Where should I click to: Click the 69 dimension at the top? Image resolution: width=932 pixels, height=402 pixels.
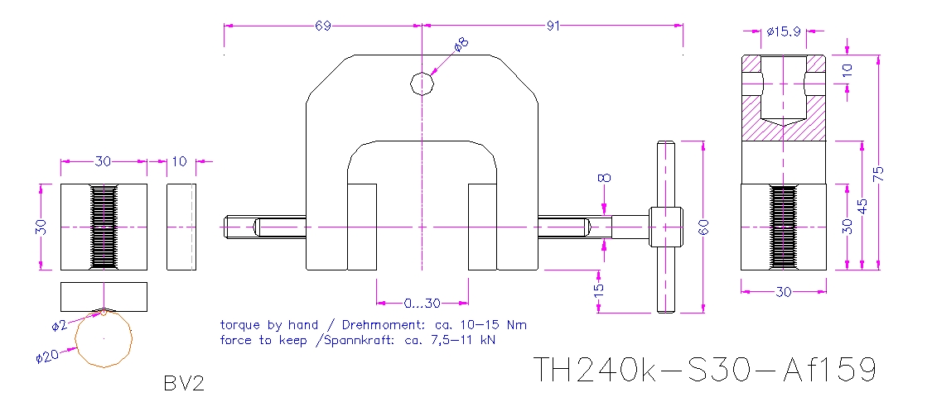(x=323, y=26)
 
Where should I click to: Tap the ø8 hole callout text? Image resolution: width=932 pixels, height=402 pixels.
(x=461, y=45)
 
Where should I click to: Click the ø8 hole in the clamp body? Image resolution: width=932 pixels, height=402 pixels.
(x=423, y=84)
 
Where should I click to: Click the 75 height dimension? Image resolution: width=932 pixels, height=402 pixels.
(x=879, y=173)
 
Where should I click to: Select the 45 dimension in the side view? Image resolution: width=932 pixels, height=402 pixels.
(x=863, y=204)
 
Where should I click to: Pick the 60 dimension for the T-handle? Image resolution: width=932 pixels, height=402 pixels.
(x=705, y=227)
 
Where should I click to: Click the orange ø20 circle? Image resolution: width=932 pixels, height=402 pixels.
(x=104, y=337)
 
